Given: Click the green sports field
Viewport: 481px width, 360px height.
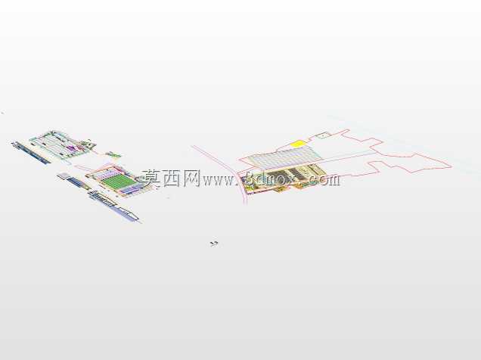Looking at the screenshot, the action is pos(120,181).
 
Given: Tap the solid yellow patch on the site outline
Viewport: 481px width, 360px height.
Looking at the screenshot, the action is pos(297,144).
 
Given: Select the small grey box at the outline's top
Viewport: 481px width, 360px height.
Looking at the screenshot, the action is pos(324,135).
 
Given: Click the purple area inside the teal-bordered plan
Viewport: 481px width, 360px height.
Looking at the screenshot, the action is pos(71,148).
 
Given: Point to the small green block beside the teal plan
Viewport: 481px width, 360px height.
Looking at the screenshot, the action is pos(113,154).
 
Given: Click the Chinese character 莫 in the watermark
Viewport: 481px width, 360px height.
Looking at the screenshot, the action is pos(152,178).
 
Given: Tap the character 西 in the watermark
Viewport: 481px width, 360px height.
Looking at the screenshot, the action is pos(172,178).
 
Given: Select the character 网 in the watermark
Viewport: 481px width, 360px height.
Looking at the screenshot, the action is pos(192,178).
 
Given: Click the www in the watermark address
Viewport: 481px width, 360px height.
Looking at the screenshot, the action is pos(218,181).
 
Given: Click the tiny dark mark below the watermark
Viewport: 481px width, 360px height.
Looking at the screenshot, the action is pos(214,244).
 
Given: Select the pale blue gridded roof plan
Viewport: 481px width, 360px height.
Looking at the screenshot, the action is pos(284,157).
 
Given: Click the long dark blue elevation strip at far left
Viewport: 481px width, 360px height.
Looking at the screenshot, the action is pos(31,153).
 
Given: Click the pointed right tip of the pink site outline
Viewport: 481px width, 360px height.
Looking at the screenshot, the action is pos(452,166).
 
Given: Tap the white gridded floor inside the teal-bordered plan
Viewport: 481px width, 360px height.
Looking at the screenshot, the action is pos(53,144).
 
